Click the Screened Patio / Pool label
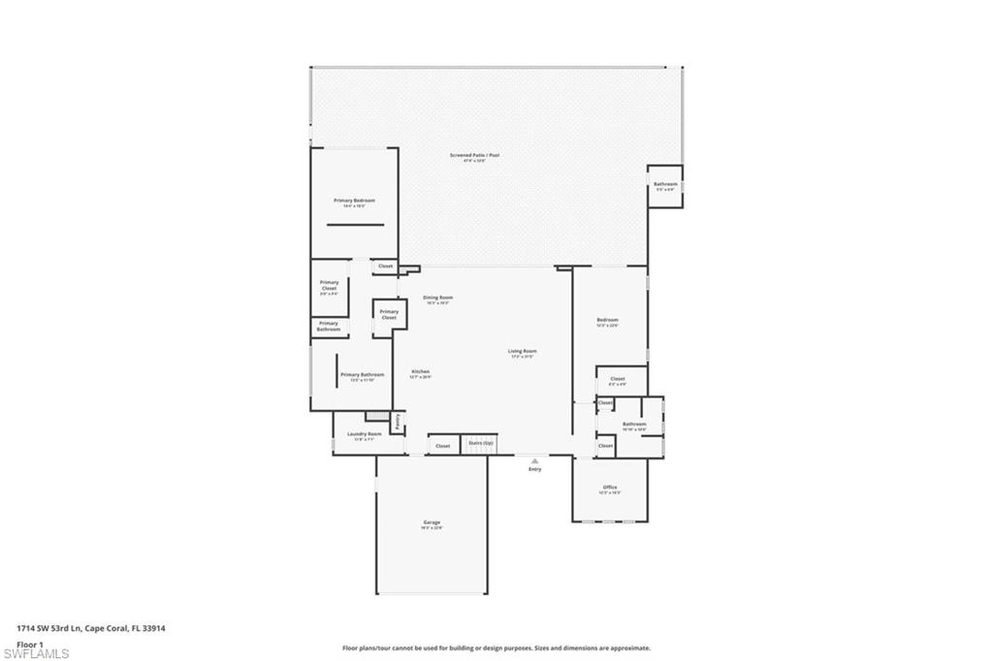point(474,155)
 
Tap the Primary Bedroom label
point(354,201)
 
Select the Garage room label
point(432,523)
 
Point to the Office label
point(610,488)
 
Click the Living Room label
point(523,352)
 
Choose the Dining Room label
point(438,299)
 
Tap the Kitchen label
point(420,372)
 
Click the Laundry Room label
point(365,435)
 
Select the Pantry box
point(398,422)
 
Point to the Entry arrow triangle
point(534,460)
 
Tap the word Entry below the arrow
point(534,470)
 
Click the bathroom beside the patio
point(665,185)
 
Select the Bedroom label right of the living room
point(607,321)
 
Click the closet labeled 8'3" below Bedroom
point(618,380)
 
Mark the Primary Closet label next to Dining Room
point(389,315)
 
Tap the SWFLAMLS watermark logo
point(36,653)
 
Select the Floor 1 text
point(30,644)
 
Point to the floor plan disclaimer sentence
point(496,647)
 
